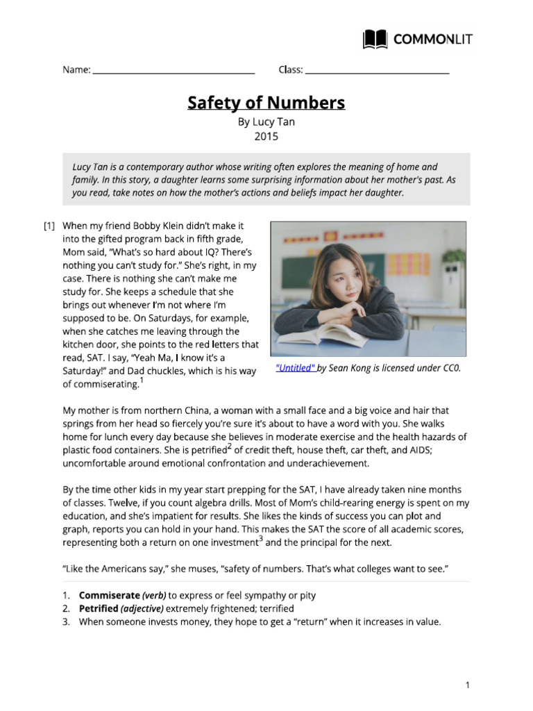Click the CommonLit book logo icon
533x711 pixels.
375,39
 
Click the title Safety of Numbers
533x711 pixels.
266,103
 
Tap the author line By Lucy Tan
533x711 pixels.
266,122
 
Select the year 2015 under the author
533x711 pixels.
266,136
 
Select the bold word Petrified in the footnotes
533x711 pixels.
98,609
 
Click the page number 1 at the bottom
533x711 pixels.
468,685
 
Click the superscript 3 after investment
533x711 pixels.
260,539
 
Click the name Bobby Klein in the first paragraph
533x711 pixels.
146,226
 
